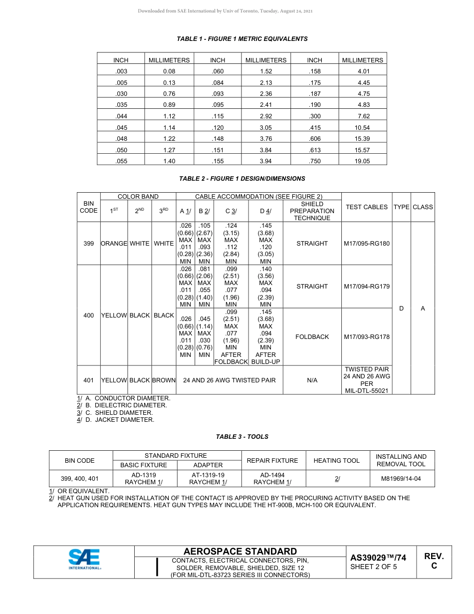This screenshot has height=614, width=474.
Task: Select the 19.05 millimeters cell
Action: (x=363, y=161)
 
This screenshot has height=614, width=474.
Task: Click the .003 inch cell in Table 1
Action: (x=121, y=71)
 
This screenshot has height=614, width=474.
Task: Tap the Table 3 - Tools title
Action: (x=242, y=437)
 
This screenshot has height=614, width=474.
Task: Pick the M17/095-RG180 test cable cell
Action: (x=367, y=244)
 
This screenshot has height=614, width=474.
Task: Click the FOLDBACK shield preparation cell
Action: (x=312, y=337)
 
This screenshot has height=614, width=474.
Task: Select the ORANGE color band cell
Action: (x=114, y=244)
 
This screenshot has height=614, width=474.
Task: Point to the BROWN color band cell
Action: (x=164, y=380)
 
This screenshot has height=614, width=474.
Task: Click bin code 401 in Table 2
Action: (x=88, y=380)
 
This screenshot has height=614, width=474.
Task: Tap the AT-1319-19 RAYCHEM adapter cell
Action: (x=208, y=478)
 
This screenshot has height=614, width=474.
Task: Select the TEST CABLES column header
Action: (x=367, y=207)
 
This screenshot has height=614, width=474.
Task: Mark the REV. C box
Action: (x=434, y=561)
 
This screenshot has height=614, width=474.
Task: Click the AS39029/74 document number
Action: (x=378, y=558)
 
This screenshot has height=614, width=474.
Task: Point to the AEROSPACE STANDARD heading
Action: (x=240, y=551)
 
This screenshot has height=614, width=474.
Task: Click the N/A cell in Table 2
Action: (x=312, y=380)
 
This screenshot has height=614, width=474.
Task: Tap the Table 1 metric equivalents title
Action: (x=242, y=39)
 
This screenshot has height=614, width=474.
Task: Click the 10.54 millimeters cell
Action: (x=363, y=128)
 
